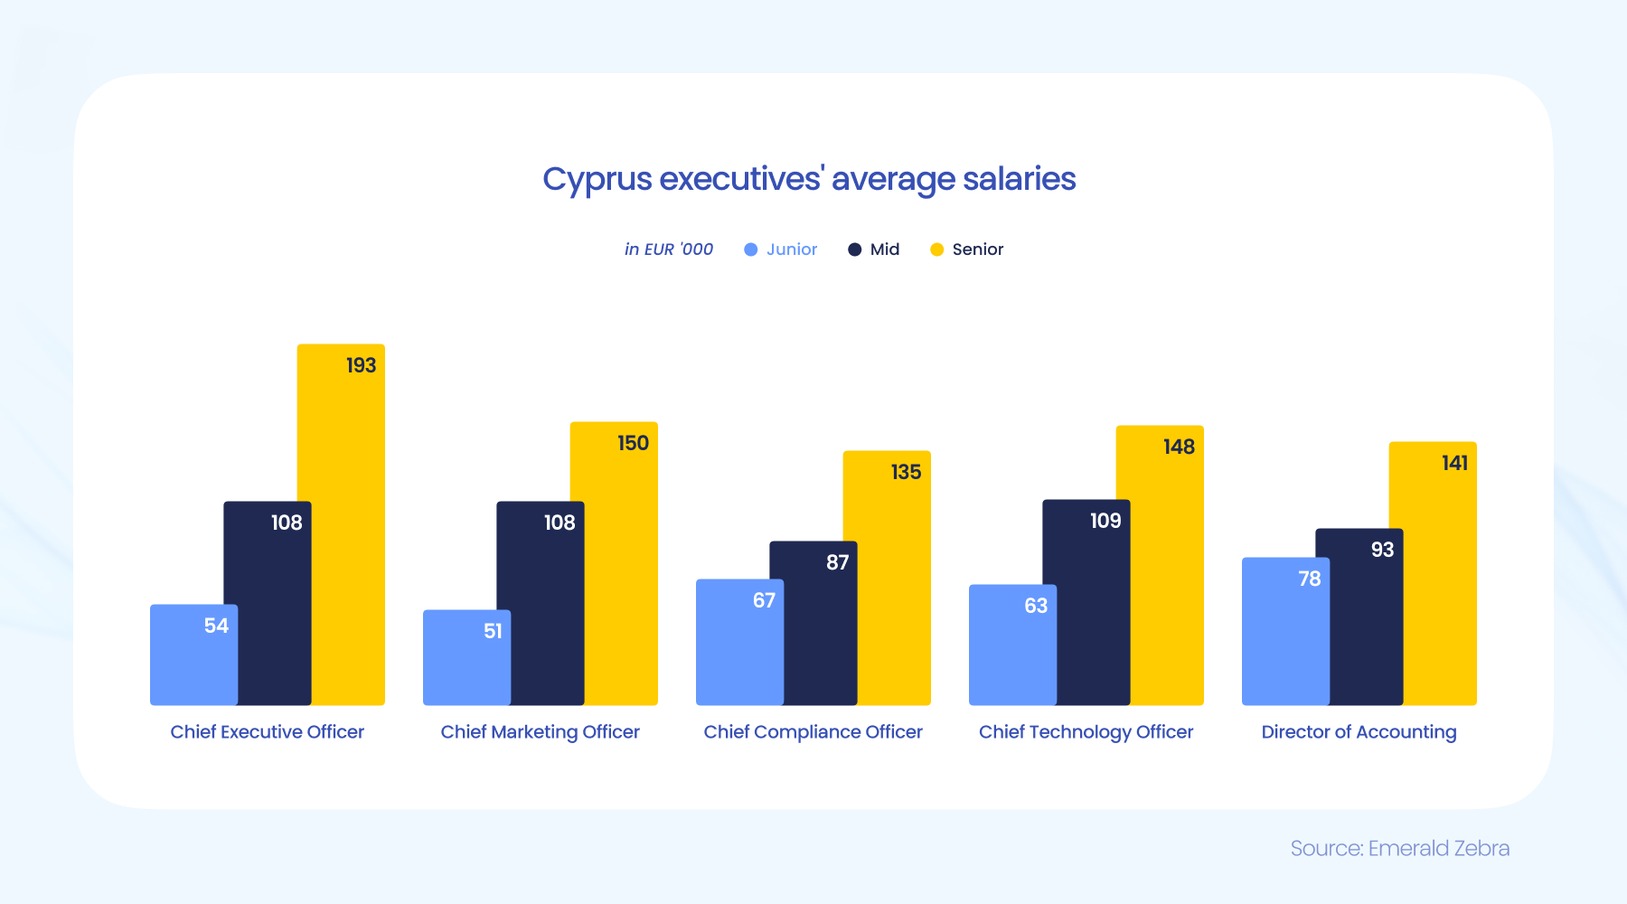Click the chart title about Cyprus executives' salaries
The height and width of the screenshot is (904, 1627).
pos(809,179)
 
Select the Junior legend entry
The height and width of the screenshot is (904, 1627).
pos(781,250)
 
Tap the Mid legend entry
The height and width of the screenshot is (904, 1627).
pos(874,250)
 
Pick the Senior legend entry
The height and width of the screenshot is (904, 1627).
pos(967,250)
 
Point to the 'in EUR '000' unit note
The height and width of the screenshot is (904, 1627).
pos(669,250)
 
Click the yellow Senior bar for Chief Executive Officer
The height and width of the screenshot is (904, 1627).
pos(348,542)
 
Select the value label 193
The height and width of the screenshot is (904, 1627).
pos(361,365)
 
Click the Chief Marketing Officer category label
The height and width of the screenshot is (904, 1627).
pos(540,732)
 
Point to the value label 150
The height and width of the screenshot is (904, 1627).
pos(633,443)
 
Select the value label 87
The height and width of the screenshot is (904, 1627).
pos(837,562)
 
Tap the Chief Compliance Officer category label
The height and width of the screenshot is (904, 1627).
pos(813,732)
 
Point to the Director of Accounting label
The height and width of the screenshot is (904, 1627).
pos(1359,732)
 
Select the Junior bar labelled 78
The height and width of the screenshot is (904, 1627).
pos(1284,642)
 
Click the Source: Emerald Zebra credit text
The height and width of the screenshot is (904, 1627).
pos(1399,848)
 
